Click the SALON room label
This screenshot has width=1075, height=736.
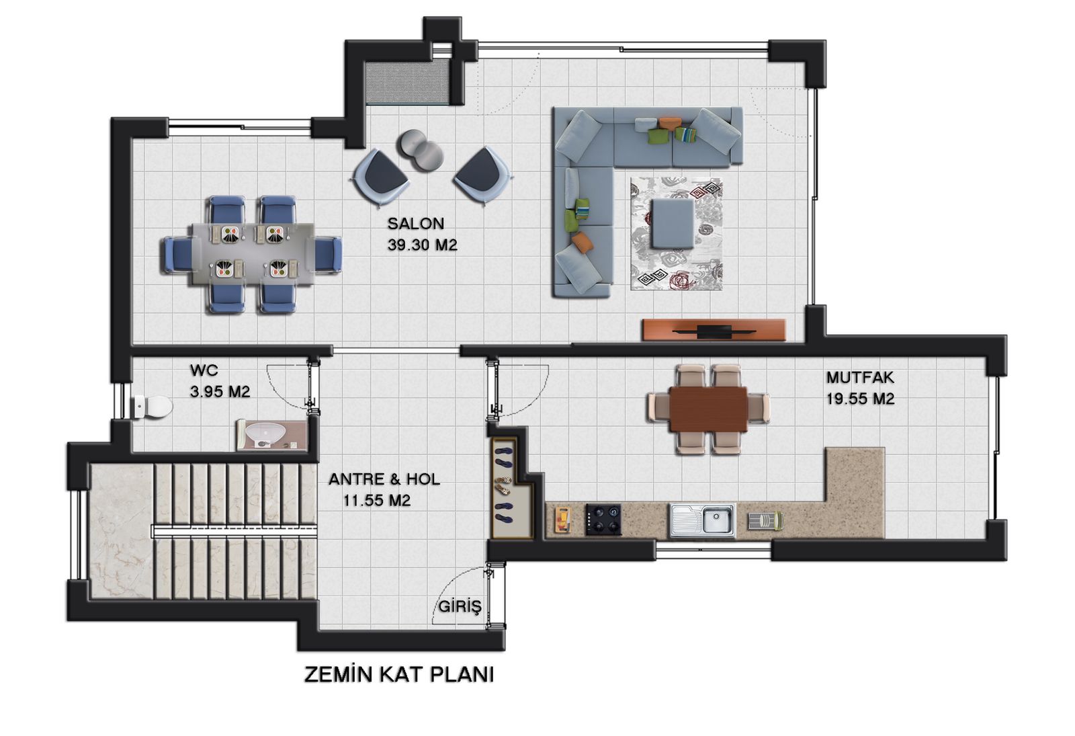[x=416, y=223]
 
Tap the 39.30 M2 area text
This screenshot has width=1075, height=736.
[x=423, y=245]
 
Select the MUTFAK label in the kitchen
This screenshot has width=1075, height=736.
[x=860, y=377]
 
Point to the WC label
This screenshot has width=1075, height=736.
[x=204, y=370]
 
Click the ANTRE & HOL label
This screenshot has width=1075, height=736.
[x=384, y=479]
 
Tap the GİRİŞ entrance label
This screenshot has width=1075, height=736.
[x=460, y=606]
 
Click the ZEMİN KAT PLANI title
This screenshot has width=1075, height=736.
[x=399, y=675]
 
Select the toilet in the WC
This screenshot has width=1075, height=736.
[x=152, y=407]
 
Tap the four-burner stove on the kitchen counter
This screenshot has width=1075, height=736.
[x=603, y=520]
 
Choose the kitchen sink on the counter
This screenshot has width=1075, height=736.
[x=703, y=520]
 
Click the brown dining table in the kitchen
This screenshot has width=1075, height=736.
[x=708, y=409]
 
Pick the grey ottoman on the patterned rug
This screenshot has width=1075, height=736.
[x=673, y=224]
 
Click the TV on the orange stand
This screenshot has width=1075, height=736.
[x=714, y=331]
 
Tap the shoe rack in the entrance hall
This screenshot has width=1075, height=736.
[x=512, y=488]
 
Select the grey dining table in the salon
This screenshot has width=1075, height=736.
[x=253, y=253]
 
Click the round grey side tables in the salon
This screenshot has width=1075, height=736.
[x=421, y=151]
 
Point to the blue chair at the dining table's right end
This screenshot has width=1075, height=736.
[x=329, y=255]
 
